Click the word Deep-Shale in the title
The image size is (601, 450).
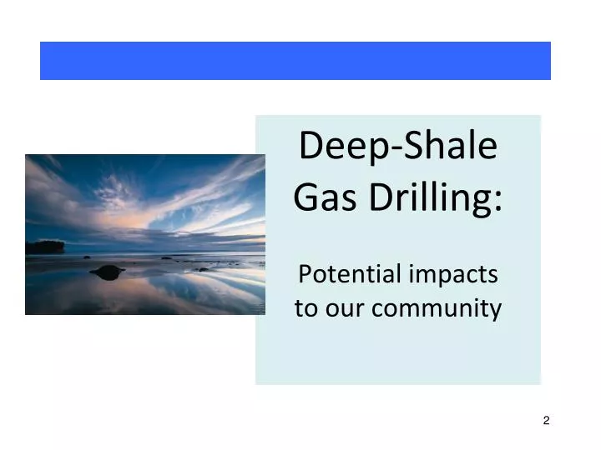click(398, 147)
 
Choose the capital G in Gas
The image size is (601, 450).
click(306, 199)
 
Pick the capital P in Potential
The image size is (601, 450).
click(305, 273)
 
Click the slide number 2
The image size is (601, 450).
click(546, 420)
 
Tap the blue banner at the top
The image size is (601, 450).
click(295, 61)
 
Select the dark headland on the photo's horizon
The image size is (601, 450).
click(44, 247)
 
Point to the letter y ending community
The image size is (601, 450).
click(496, 312)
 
